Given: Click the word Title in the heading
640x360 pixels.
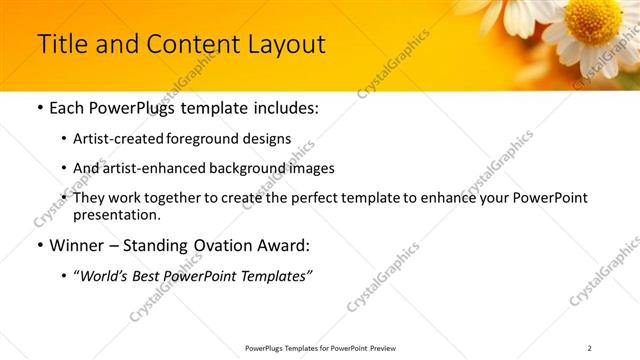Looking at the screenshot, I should [58, 45].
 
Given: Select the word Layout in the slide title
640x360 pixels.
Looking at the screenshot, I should [286, 45].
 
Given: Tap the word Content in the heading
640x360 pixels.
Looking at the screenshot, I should [188, 45].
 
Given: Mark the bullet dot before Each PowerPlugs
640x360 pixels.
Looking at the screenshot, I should [39, 108].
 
